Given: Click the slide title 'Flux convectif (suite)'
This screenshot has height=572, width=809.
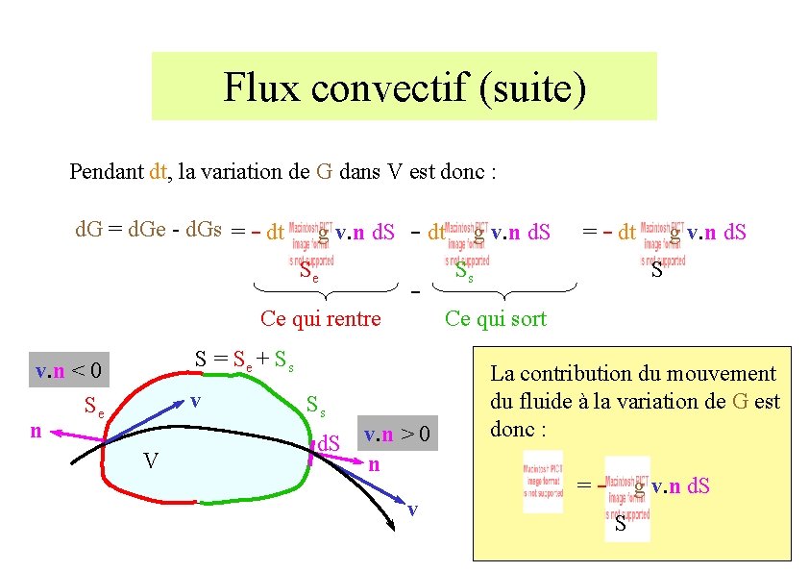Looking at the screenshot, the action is [x=404, y=87].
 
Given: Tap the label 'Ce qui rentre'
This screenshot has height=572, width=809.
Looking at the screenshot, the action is [x=321, y=319].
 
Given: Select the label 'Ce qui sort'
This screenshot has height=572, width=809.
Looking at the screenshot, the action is [x=495, y=319].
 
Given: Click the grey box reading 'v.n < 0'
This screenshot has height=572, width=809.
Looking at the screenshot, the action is [x=69, y=370].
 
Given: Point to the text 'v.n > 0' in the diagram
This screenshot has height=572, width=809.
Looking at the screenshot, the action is [x=399, y=435].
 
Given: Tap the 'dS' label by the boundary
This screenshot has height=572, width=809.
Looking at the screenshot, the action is [x=330, y=444].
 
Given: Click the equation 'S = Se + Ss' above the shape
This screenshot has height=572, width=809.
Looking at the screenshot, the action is [x=244, y=361].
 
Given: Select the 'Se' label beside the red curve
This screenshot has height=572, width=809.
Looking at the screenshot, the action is [x=95, y=405].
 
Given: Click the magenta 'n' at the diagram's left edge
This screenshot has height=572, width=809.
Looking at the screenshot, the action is [x=36, y=432].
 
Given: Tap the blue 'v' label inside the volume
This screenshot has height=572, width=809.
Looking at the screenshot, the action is [x=195, y=398].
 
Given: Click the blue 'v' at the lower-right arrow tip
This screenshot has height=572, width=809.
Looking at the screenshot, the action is [x=412, y=509].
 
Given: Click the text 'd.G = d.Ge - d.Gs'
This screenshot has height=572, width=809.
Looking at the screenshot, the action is [x=149, y=230].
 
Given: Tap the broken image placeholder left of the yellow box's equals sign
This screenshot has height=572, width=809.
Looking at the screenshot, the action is [x=543, y=481].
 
